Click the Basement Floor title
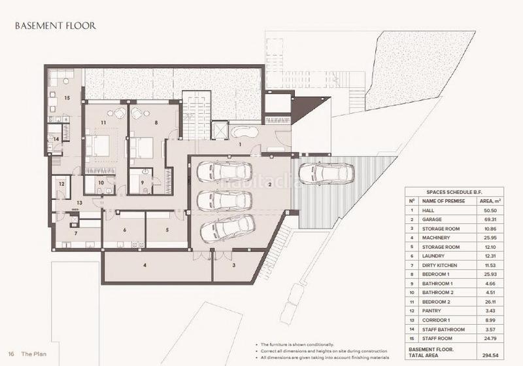point(56,26)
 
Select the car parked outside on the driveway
point(326,174)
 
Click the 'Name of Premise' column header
point(443,201)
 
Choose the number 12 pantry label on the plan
point(61,185)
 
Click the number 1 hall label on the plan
point(240,143)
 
